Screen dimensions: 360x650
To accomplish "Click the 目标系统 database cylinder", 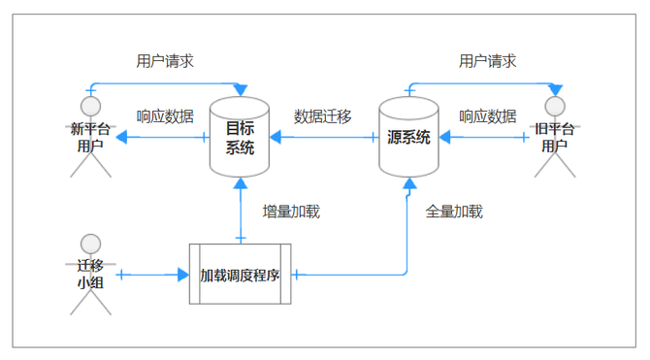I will [x=239, y=138].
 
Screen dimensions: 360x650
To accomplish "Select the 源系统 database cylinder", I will [x=408, y=137].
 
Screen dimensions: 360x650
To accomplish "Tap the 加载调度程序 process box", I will [x=240, y=275].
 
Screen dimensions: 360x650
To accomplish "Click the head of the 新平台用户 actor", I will [x=91, y=105].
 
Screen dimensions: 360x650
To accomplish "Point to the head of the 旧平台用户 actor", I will [x=555, y=105].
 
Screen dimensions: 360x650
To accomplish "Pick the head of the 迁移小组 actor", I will [x=91, y=243].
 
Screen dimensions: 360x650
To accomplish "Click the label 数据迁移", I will [x=323, y=116].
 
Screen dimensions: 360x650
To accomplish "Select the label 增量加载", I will [x=291, y=211].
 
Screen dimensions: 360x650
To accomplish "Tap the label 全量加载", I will [x=454, y=211].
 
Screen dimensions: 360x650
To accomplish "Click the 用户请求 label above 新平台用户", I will [x=165, y=60].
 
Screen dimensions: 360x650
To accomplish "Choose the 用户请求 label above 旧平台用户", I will [x=487, y=60].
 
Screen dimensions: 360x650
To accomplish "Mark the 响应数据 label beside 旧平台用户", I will [x=487, y=116].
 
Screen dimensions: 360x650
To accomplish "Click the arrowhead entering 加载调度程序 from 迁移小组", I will [x=183, y=276].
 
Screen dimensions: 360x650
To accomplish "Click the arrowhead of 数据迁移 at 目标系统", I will [x=276, y=138].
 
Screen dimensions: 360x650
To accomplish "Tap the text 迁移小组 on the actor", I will [x=91, y=275].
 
